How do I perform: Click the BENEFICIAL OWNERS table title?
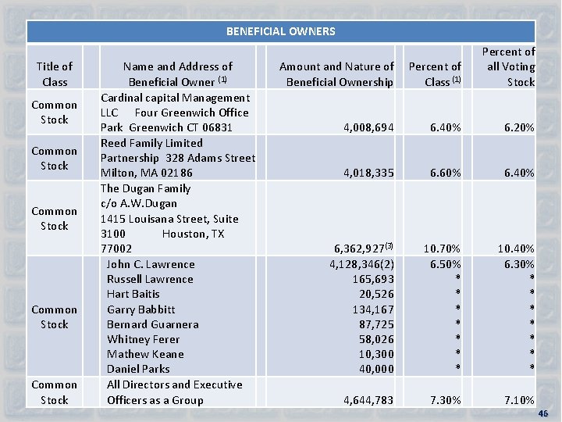[x=280, y=31]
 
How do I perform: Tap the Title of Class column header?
[x=55, y=74]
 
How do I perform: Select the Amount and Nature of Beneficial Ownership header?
[x=337, y=74]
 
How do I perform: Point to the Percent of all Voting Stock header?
[x=509, y=66]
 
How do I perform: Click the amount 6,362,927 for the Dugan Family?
[x=361, y=249]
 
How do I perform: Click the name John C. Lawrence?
[x=150, y=264]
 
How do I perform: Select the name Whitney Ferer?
[x=143, y=339]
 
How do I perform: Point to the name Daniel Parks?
[x=138, y=369]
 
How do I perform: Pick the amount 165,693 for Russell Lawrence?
[x=374, y=279]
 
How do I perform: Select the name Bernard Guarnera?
[x=152, y=324]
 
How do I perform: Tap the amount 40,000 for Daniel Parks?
[x=377, y=369]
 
